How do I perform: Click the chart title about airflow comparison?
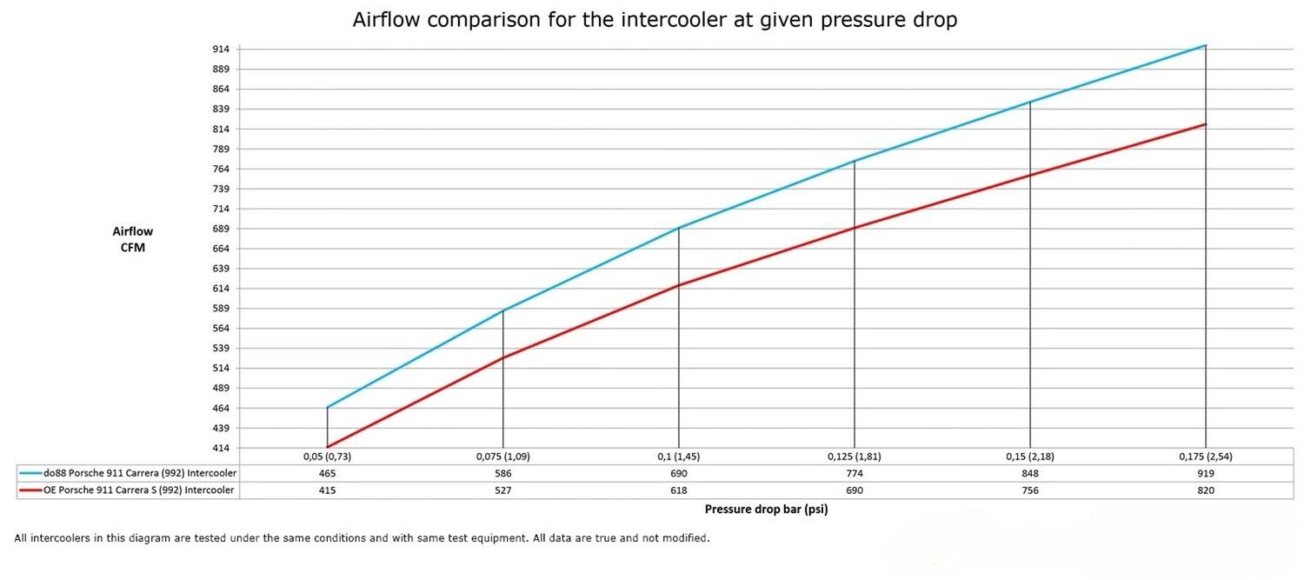[655, 20]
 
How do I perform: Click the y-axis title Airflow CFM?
[132, 239]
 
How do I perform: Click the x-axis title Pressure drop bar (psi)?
[766, 510]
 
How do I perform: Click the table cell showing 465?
[327, 473]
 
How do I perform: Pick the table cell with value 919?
[1205, 473]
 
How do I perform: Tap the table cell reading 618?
[678, 490]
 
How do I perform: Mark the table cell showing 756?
[1029, 490]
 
